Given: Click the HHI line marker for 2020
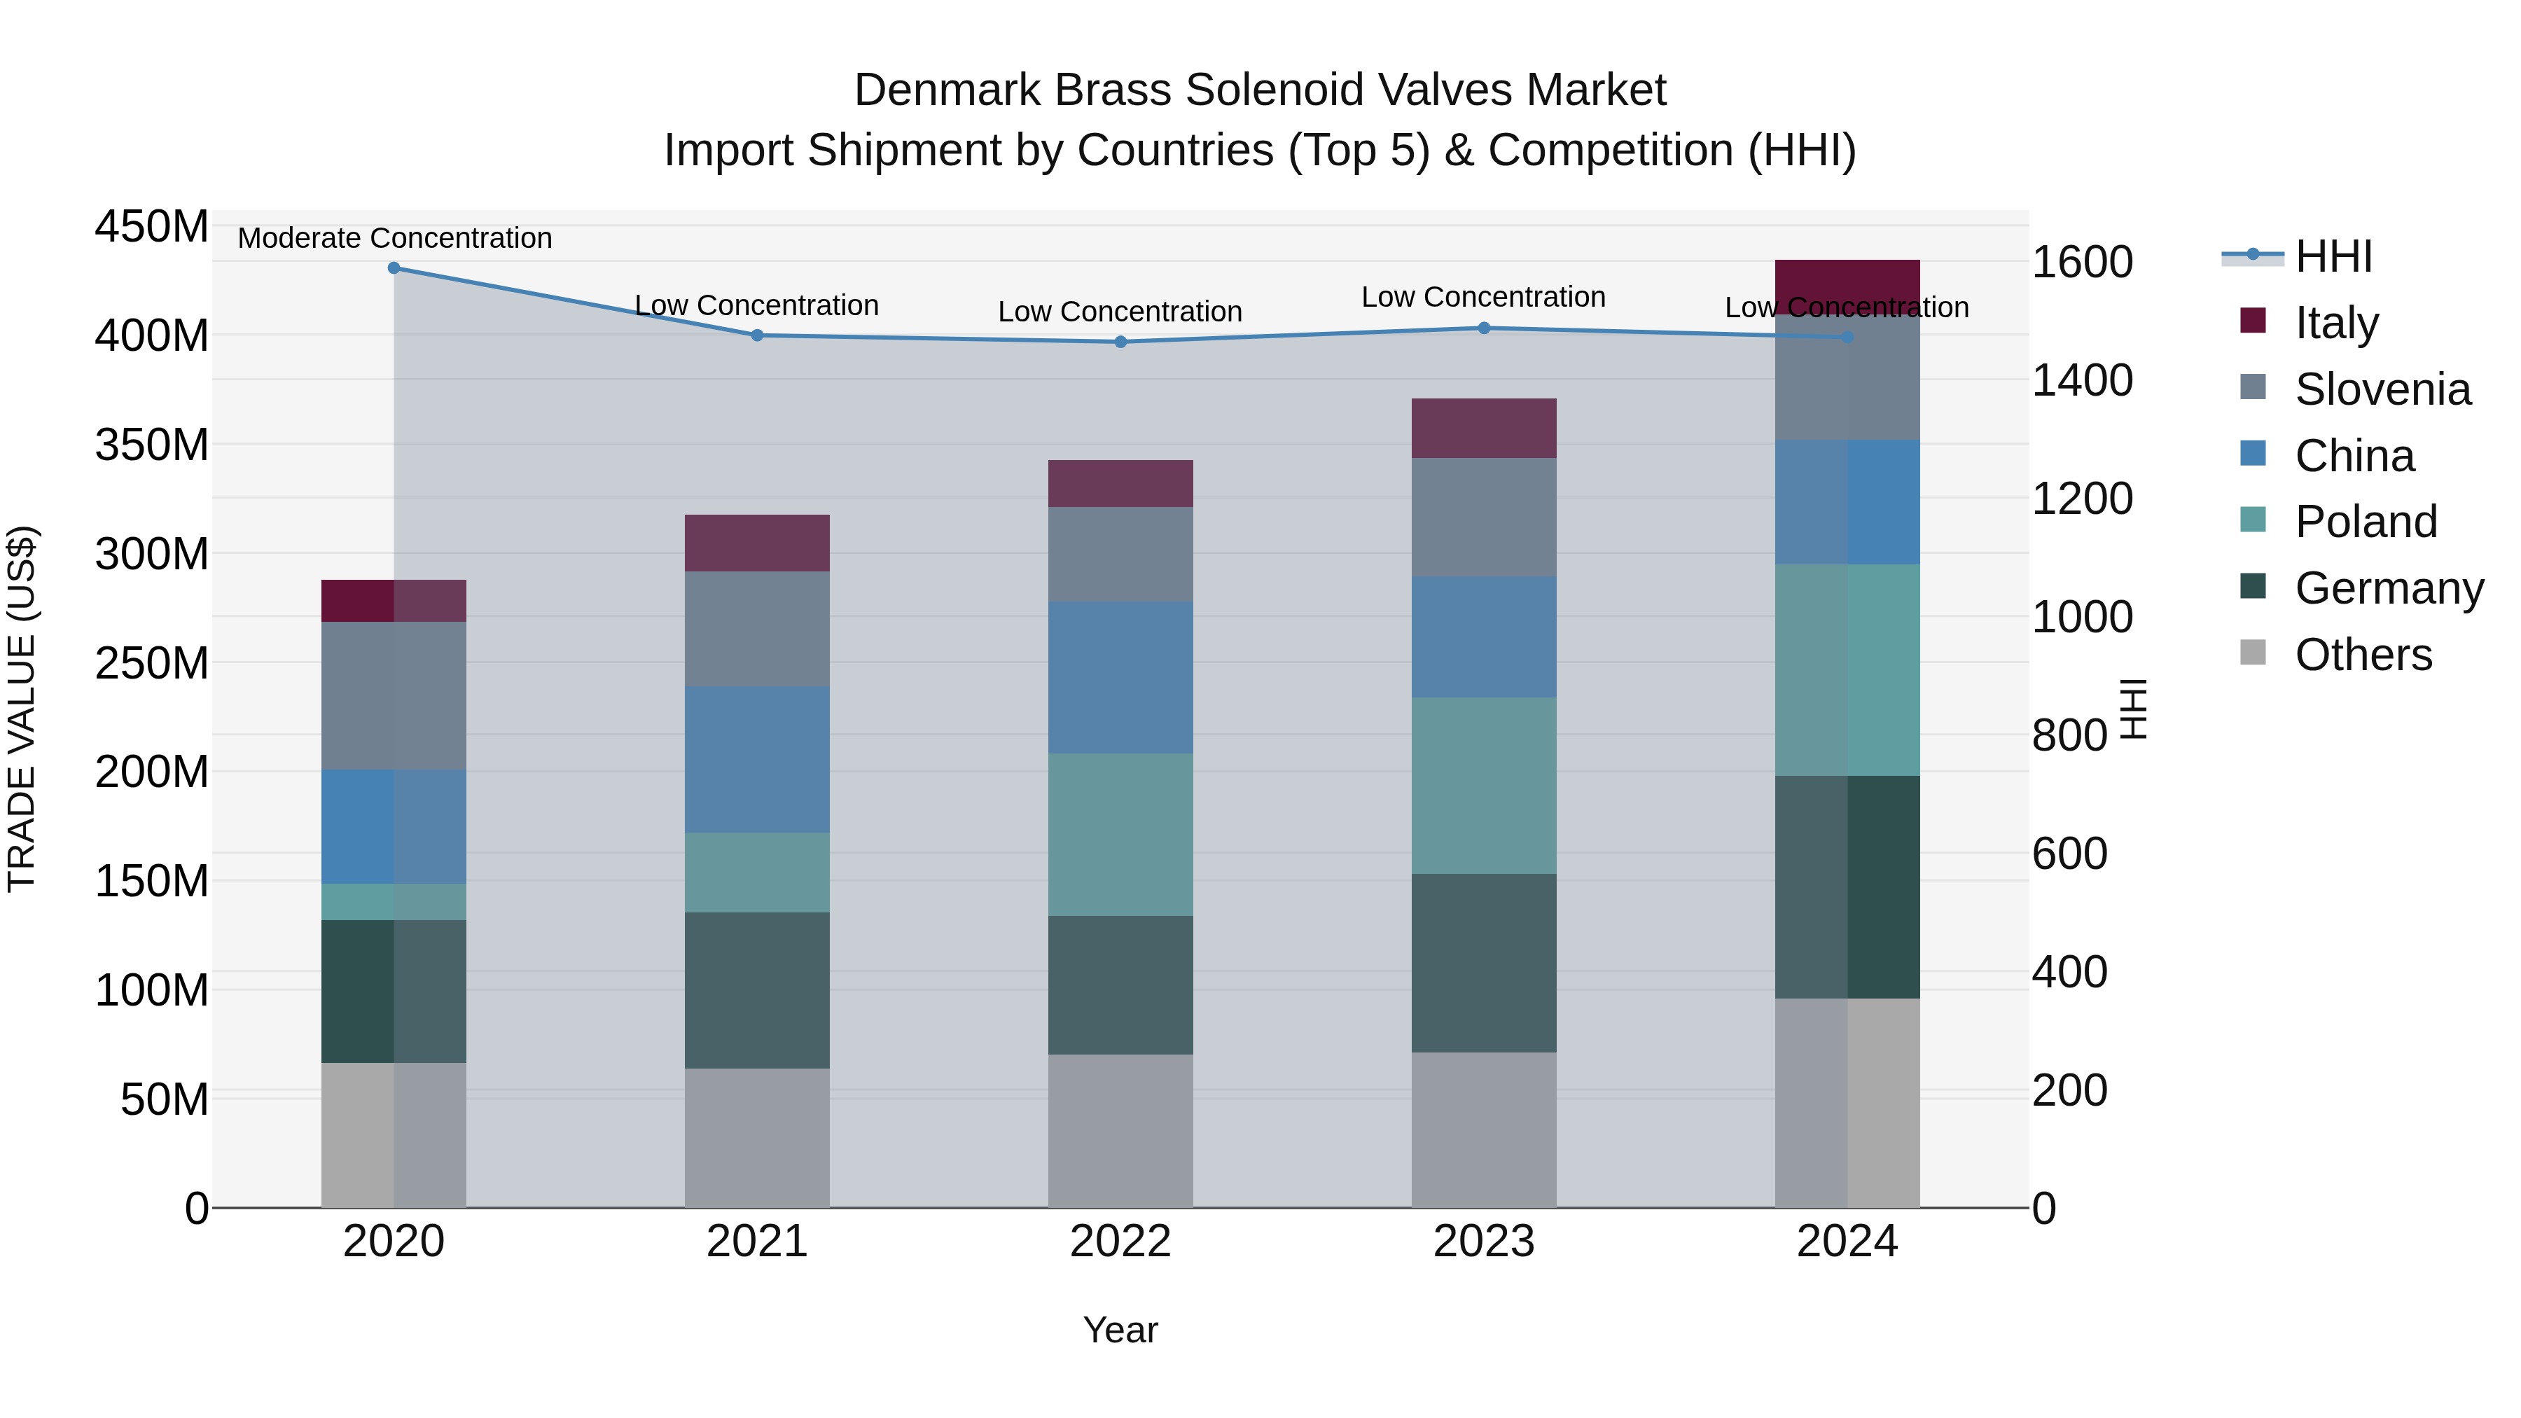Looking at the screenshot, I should [394, 267].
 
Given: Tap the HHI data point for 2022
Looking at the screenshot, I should [1120, 342].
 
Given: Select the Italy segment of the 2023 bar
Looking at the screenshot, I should [1484, 428].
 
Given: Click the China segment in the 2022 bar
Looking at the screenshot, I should [1120, 677].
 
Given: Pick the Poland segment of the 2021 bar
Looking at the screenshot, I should [756, 872].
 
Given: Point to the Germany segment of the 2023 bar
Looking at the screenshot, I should [1484, 963].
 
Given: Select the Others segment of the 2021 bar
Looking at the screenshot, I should [756, 1137].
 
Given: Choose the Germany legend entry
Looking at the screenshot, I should [2388, 588].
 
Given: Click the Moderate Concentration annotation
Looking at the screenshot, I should [394, 238].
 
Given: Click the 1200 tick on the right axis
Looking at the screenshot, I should [2082, 498].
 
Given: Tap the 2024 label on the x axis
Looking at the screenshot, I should [1847, 1242].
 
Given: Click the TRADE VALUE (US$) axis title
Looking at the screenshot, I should [22, 709].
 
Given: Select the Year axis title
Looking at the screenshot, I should [1120, 1330].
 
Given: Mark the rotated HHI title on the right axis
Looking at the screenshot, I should [2134, 709].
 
